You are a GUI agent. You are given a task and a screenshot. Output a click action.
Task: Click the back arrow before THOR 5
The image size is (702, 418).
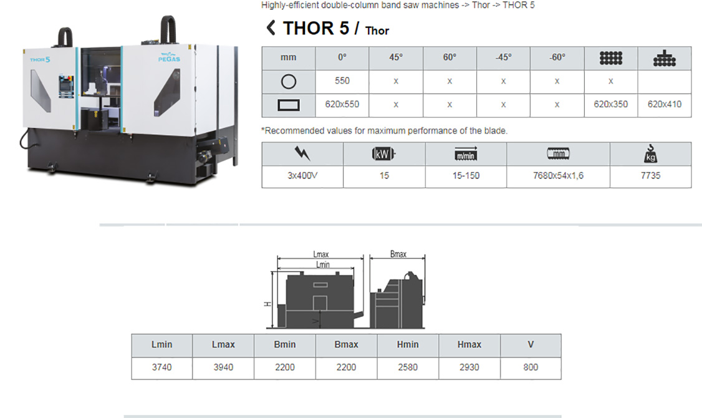coord(271,28)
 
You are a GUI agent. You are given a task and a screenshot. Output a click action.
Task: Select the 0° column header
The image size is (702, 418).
coord(342,58)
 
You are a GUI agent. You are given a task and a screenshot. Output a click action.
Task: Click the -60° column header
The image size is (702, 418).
coord(557,58)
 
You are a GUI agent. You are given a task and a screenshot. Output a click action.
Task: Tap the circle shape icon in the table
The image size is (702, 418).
coord(288,82)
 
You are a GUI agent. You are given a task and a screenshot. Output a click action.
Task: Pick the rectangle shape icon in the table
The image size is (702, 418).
coord(288,105)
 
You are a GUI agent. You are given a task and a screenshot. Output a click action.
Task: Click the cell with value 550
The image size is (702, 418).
coord(342,81)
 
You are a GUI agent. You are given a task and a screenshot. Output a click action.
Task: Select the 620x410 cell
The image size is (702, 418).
coord(665,104)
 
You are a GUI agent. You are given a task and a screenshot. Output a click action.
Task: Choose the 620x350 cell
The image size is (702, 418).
coord(611,104)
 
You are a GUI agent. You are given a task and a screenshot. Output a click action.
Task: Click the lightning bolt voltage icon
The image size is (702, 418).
coord(302,153)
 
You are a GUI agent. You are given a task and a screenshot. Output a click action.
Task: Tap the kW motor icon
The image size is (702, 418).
coord(383,154)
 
